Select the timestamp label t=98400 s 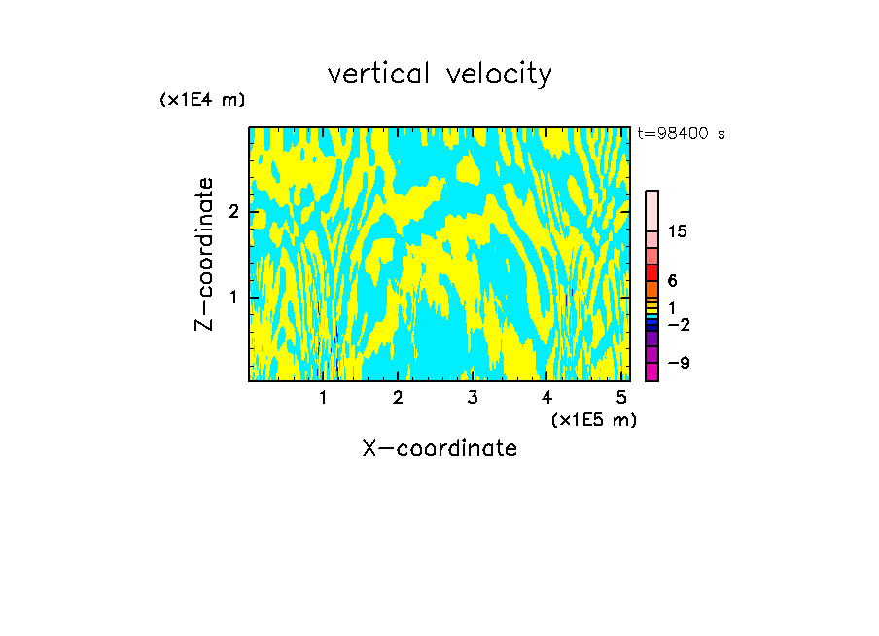click(681, 134)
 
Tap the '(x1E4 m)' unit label click(202, 100)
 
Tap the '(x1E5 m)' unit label click(593, 419)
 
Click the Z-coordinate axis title click(204, 254)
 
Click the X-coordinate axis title click(439, 448)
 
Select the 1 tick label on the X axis click(323, 397)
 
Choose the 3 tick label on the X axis click(472, 397)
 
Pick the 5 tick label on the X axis click(621, 397)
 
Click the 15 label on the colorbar click(678, 231)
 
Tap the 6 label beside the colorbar click(673, 281)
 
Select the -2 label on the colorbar click(679, 325)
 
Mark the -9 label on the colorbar click(679, 363)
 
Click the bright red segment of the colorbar click(651, 272)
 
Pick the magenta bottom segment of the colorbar click(651, 371)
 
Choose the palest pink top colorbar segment click(651, 210)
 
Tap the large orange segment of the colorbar click(651, 289)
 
